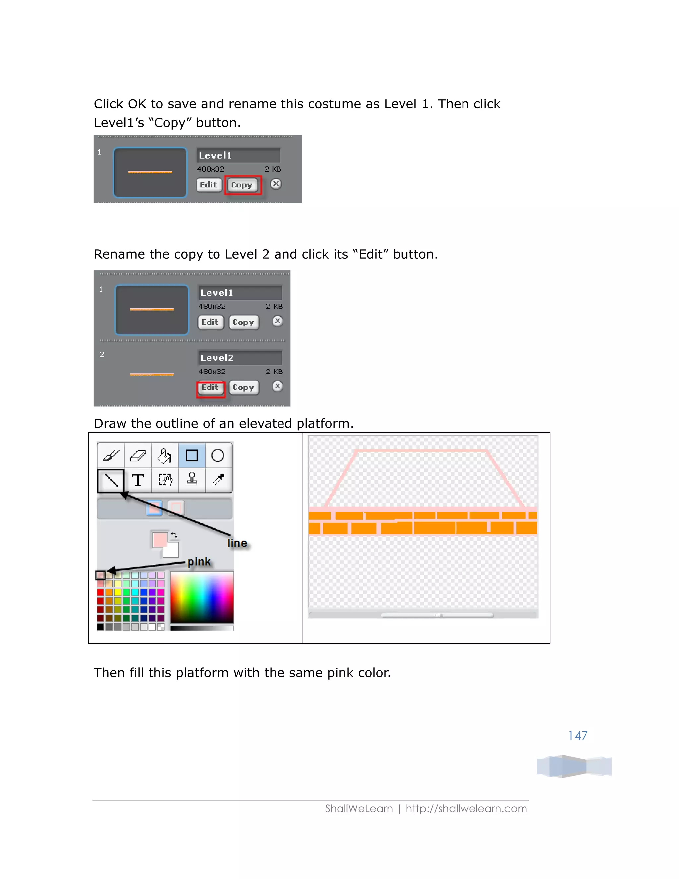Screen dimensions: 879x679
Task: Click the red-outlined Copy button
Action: (243, 185)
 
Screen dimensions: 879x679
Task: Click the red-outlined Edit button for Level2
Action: (211, 388)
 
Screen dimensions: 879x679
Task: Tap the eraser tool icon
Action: (138, 456)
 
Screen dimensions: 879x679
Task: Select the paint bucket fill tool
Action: (164, 456)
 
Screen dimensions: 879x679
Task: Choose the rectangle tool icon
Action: (192, 456)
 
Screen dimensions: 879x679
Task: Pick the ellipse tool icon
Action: (217, 456)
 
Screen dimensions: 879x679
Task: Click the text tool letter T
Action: (138, 480)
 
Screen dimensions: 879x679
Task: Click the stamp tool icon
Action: (192, 480)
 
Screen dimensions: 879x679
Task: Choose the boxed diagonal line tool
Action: (111, 480)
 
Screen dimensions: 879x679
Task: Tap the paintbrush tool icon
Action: (111, 456)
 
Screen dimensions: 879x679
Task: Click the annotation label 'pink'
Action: (199, 562)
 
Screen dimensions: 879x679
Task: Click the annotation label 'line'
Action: (237, 543)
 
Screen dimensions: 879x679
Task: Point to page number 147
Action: (578, 736)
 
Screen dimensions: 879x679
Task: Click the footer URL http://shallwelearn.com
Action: (466, 809)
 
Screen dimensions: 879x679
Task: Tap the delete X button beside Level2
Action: (277, 387)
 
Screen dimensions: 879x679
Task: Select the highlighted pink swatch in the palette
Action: (100, 575)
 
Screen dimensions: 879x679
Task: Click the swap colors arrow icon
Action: (174, 535)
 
